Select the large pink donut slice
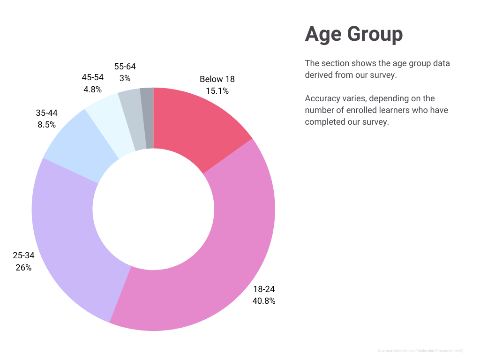(x=220, y=262)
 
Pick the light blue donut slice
(x=80, y=145)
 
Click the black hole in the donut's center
(x=153, y=209)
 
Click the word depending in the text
(x=389, y=98)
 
